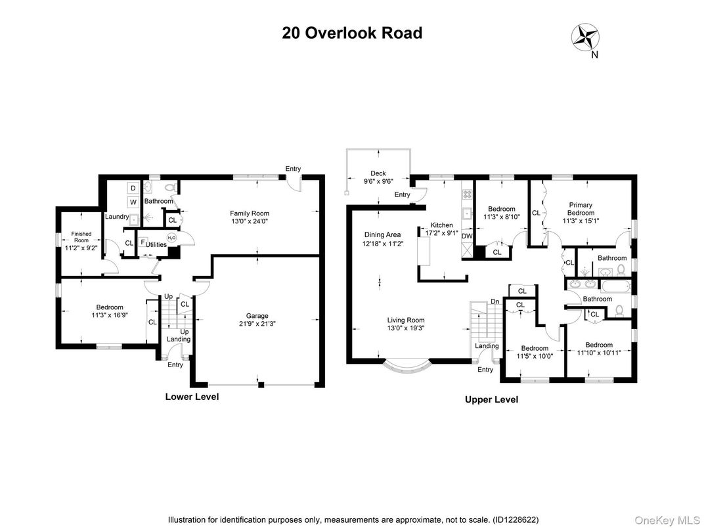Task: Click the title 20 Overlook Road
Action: tap(352, 33)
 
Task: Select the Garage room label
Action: tap(257, 316)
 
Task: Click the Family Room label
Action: tap(249, 213)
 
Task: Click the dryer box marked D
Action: tap(133, 188)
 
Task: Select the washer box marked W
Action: tap(133, 202)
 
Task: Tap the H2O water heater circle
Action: tap(171, 238)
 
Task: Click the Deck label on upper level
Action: tap(378, 173)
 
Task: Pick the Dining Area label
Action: tap(382, 234)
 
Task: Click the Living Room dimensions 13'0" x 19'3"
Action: tap(405, 328)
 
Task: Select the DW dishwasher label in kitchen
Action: tap(467, 236)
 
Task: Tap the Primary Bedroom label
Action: tap(581, 209)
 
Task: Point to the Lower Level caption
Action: tap(192, 397)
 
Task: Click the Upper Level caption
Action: tap(491, 399)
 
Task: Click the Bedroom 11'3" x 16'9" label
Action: tap(110, 311)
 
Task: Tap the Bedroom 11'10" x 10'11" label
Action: tap(598, 349)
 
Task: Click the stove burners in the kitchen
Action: tap(468, 194)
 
